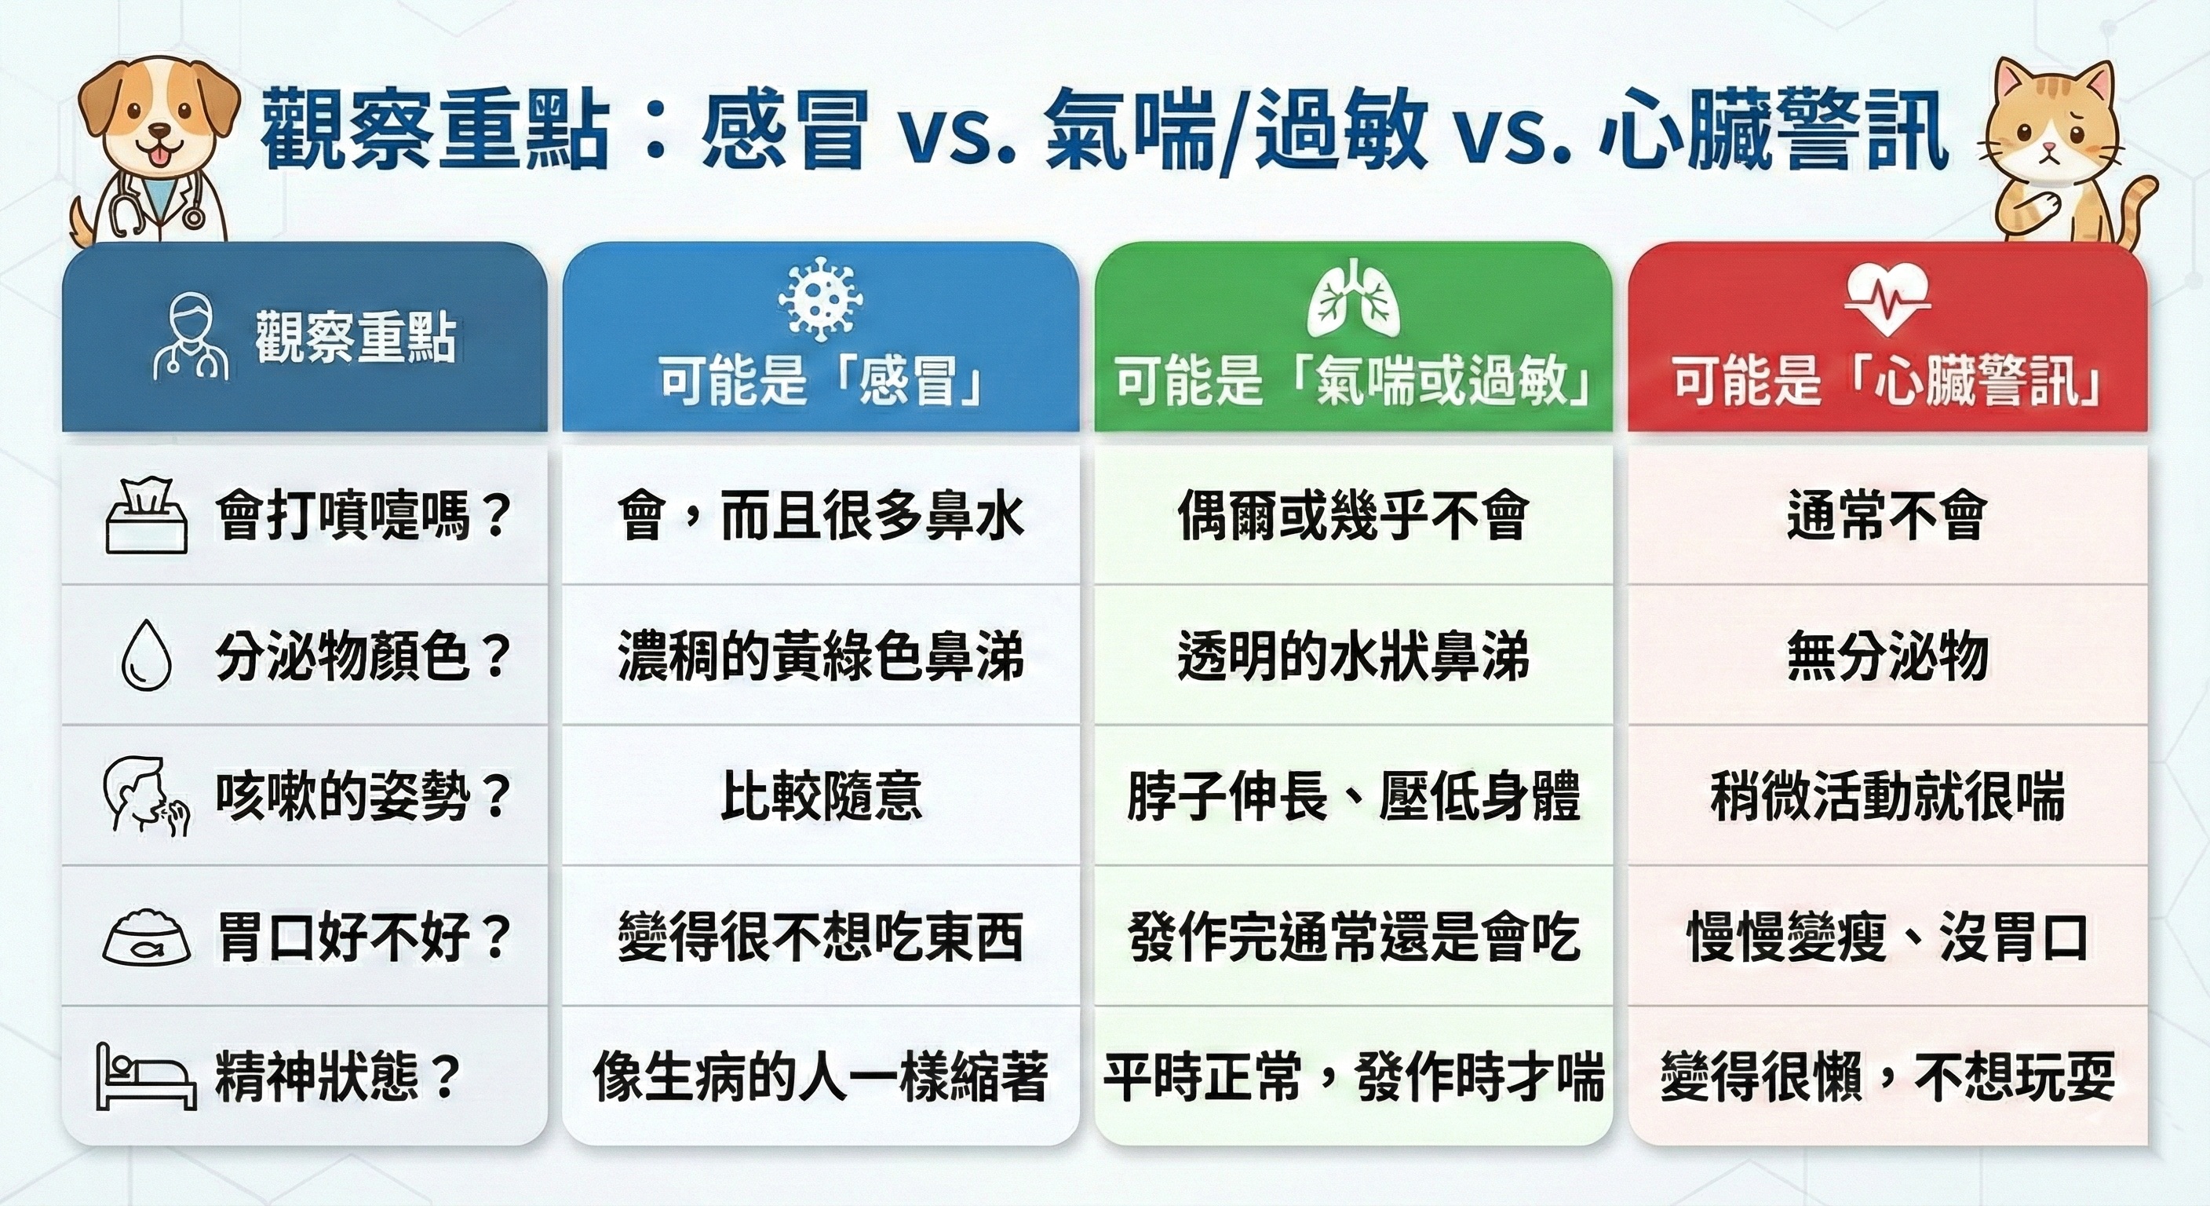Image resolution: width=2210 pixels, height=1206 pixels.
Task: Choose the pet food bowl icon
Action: coord(147,937)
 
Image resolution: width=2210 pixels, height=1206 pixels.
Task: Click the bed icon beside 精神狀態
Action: coord(145,1076)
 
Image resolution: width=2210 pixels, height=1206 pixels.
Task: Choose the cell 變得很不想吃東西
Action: coord(821,937)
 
